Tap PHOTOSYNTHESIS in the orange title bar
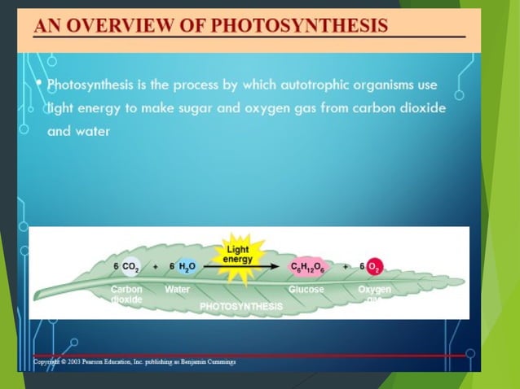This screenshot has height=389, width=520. coord(300,24)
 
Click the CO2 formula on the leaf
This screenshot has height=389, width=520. coord(129,267)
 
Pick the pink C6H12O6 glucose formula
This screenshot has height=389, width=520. coord(307,267)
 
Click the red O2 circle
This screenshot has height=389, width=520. coord(375,267)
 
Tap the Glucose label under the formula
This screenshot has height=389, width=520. coord(306,289)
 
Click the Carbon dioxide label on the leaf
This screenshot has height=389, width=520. coord(126,294)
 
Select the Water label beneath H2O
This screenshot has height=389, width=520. coord(177,289)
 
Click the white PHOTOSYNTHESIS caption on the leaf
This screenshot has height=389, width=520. coord(241,306)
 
